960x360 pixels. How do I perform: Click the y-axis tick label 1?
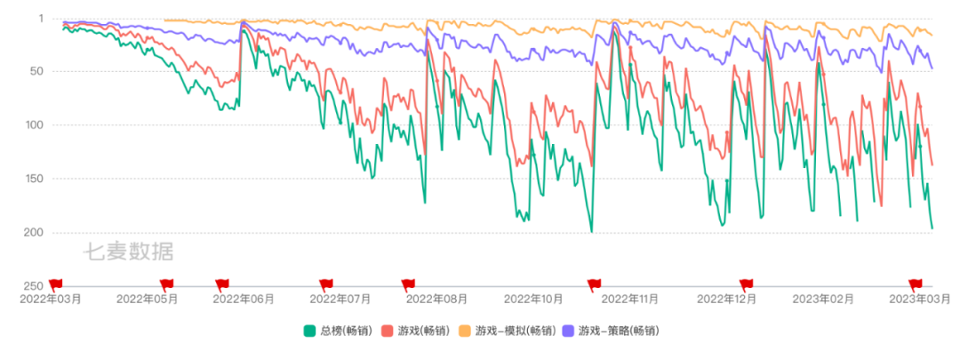(x=41, y=18)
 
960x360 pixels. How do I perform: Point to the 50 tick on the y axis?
(x=36, y=71)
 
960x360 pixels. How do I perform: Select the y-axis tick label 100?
(x=35, y=125)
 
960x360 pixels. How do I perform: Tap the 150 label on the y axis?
(x=35, y=179)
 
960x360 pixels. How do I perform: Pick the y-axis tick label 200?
(x=35, y=233)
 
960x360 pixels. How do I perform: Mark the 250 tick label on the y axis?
(x=35, y=285)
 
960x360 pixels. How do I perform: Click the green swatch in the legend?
(x=309, y=331)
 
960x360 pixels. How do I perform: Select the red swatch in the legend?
(x=387, y=331)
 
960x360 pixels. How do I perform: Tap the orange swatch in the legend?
(x=464, y=331)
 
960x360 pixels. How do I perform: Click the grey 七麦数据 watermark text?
(x=126, y=252)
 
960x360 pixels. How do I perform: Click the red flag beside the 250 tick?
(x=56, y=284)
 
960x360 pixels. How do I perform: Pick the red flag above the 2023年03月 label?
(x=915, y=284)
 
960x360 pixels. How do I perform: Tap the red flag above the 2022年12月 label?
(x=746, y=284)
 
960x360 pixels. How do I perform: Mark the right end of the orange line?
(x=932, y=36)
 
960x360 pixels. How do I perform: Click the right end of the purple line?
(x=932, y=68)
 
